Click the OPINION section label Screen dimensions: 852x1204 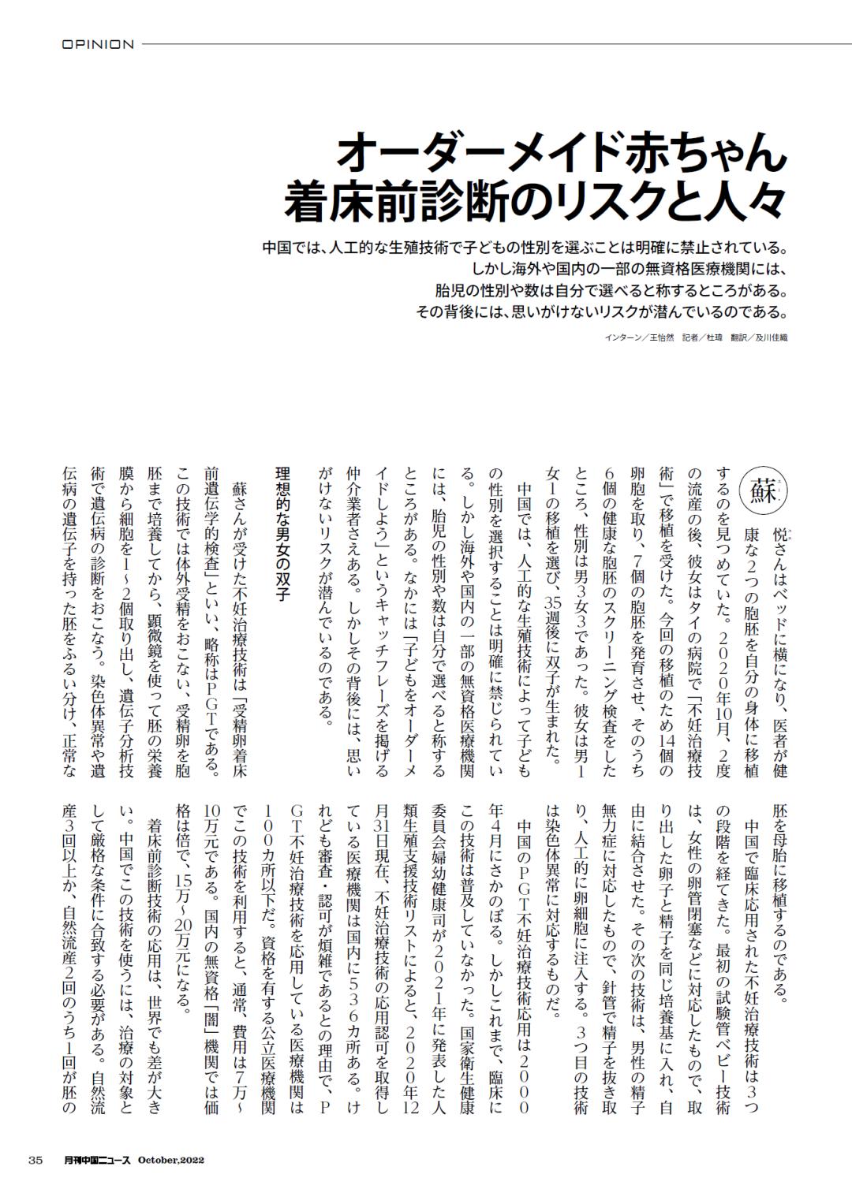coord(98,44)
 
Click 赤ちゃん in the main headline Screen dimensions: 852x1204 coord(702,151)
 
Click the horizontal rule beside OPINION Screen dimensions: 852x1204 coord(489,44)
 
